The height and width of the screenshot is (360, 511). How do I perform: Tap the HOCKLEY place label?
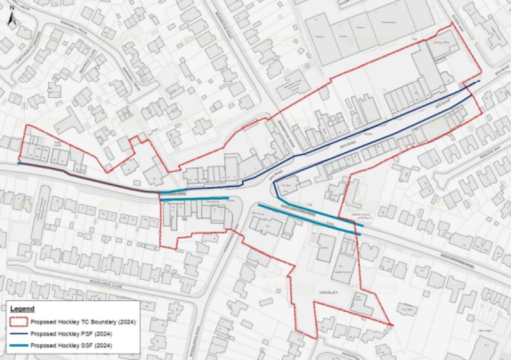pyautogui.click(x=334, y=290)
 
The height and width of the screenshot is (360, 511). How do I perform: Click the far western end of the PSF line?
pyautogui.click(x=19, y=163)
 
